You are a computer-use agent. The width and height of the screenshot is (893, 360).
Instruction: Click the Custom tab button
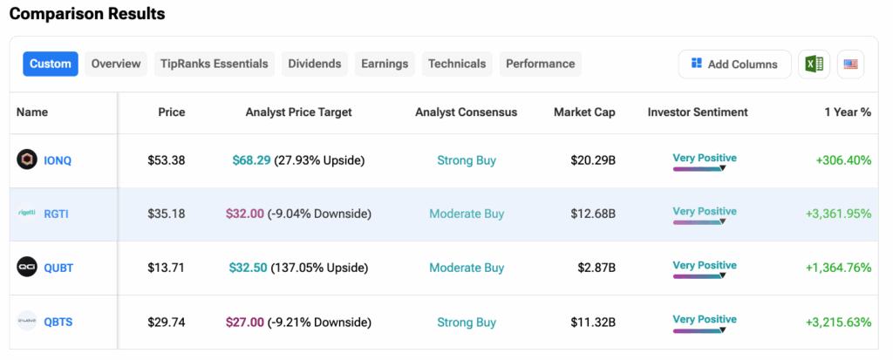click(51, 64)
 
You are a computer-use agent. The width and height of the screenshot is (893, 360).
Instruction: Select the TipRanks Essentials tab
click(215, 64)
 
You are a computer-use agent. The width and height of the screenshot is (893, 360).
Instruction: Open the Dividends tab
click(314, 64)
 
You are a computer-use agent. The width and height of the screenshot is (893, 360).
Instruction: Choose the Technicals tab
click(457, 64)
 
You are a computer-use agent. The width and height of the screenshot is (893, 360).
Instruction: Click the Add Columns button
click(734, 64)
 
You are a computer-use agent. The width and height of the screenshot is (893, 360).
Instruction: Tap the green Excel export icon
click(814, 64)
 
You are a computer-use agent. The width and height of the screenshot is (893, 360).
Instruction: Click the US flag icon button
click(850, 64)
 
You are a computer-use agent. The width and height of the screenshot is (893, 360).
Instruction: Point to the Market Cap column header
click(584, 112)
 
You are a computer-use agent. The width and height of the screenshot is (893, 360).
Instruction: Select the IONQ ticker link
click(59, 160)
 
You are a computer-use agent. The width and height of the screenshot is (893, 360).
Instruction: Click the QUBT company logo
click(27, 268)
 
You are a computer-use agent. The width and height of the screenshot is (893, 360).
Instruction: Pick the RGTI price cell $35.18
click(166, 214)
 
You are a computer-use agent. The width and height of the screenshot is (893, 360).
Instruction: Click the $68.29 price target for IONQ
click(251, 160)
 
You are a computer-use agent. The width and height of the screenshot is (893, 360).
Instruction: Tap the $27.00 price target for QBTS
click(244, 322)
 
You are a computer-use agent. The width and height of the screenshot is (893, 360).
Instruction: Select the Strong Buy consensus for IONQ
click(467, 160)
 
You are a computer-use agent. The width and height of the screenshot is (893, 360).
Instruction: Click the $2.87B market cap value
click(596, 268)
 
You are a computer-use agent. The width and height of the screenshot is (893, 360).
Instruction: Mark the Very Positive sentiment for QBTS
click(705, 319)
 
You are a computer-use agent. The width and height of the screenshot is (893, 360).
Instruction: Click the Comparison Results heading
click(87, 14)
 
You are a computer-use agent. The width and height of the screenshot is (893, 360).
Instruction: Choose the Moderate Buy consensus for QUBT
click(467, 268)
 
